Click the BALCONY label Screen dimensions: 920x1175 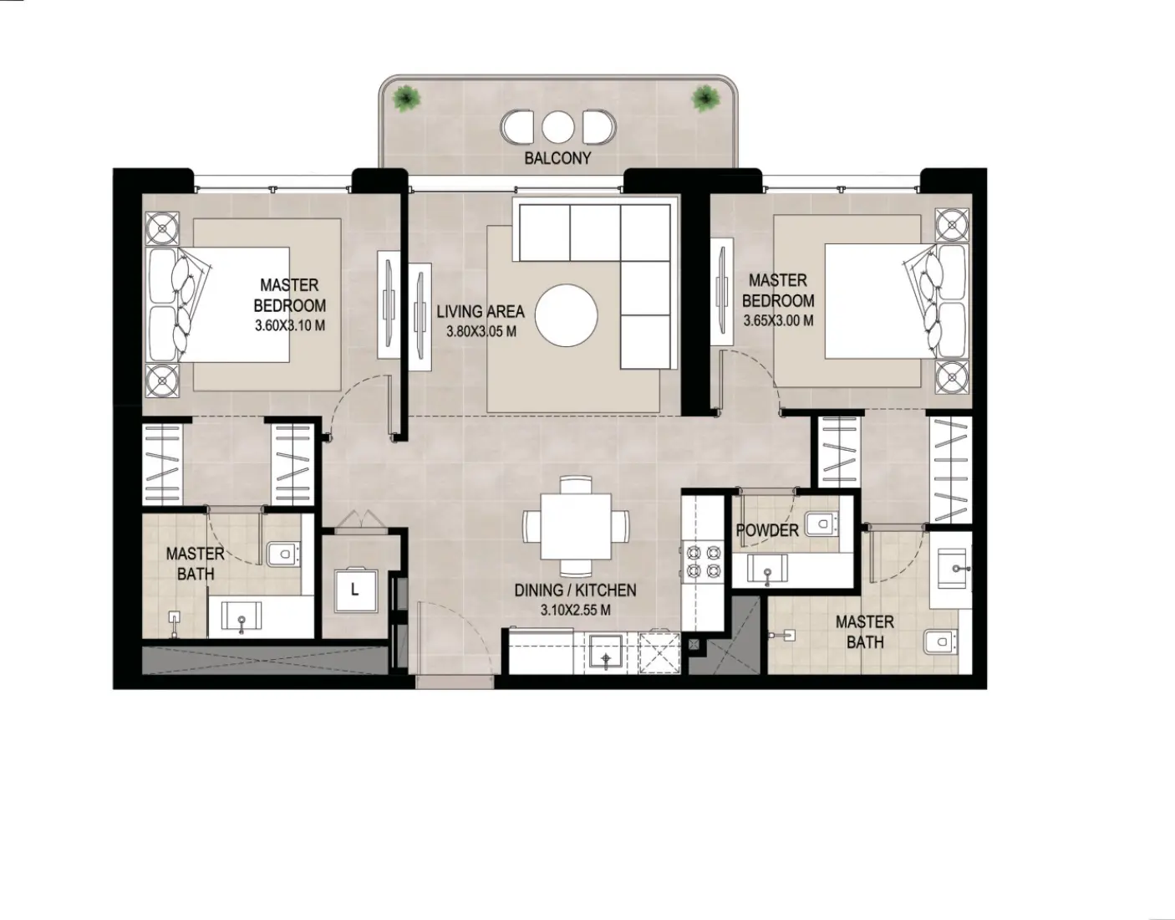click(557, 158)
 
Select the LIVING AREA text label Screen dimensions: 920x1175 click(481, 311)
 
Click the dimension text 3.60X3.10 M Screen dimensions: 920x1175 click(290, 325)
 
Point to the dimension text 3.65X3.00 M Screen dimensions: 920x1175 click(778, 320)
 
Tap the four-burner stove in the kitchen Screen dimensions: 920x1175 click(703, 561)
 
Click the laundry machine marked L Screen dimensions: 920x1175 click(354, 590)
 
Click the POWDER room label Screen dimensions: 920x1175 click(766, 530)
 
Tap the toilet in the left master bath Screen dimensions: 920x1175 click(283, 553)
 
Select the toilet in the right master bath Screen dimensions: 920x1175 click(940, 641)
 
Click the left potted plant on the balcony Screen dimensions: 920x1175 click(408, 99)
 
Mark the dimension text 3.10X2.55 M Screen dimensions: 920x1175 click(575, 610)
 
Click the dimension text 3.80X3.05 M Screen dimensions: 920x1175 click(481, 331)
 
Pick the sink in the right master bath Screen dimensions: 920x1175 click(952, 570)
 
